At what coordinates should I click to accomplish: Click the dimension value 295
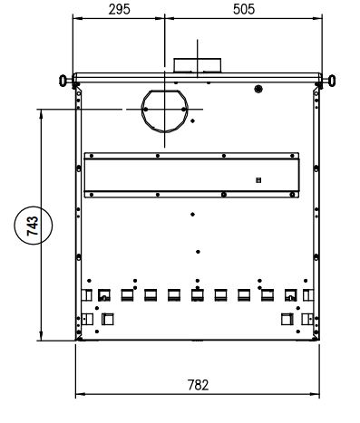120,9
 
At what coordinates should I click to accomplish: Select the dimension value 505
244,9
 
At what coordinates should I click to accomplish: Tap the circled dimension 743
33,226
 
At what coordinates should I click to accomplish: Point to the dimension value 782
198,385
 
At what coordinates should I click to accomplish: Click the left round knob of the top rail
63,81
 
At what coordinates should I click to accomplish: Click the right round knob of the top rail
332,81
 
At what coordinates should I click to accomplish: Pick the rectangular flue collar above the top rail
198,65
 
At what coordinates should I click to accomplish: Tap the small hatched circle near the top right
258,89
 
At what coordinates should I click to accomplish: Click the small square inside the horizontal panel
258,180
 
